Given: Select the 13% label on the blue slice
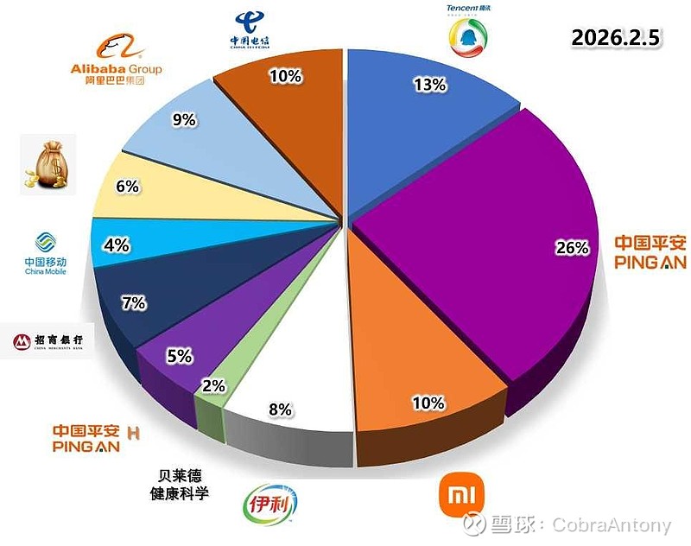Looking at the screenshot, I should click(429, 85).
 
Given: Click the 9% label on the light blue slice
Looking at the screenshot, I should click(183, 121).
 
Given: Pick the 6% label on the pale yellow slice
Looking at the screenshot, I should click(128, 187).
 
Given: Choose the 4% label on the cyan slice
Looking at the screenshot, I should click(116, 245).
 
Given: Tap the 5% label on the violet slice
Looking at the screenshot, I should click(180, 355).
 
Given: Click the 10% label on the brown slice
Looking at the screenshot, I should click(285, 77).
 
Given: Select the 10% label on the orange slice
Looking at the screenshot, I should click(428, 403).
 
